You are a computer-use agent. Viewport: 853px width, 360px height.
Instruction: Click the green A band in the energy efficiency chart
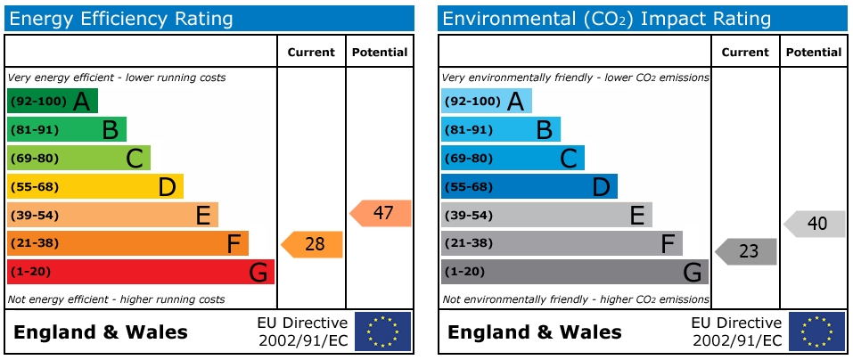[x=52, y=102]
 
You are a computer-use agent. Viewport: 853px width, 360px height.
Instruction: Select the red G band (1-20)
[x=140, y=272]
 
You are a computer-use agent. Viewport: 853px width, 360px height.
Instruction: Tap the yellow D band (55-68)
[x=94, y=186]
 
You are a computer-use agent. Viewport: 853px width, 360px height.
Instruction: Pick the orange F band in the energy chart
[x=127, y=243]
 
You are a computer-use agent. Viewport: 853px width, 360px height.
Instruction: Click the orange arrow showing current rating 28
[x=313, y=244]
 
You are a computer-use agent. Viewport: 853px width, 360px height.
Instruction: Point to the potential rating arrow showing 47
[x=381, y=213]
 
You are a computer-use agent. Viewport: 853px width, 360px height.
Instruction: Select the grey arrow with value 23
[x=747, y=251]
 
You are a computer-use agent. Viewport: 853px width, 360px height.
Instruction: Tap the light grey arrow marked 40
[x=816, y=224]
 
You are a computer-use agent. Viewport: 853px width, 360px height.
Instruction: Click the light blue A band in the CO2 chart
[x=486, y=102]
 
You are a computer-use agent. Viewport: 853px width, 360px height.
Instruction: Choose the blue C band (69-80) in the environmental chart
[x=513, y=159]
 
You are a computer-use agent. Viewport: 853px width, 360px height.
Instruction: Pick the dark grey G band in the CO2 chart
[x=574, y=272]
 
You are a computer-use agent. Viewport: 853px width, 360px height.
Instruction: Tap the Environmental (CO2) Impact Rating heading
[x=607, y=19]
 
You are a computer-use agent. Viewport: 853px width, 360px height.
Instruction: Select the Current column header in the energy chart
[x=311, y=53]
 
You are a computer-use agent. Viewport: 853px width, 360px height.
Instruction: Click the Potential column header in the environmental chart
[x=813, y=53]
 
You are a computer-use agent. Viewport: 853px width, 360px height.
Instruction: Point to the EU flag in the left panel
[x=383, y=331]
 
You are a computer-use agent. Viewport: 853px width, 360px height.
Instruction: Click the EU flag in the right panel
[x=816, y=331]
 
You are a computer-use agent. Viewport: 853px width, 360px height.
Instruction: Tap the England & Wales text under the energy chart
[x=101, y=333]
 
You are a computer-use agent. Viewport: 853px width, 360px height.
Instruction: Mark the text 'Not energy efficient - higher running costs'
[x=116, y=299]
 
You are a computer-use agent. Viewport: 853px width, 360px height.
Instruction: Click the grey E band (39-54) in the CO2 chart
[x=546, y=215]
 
